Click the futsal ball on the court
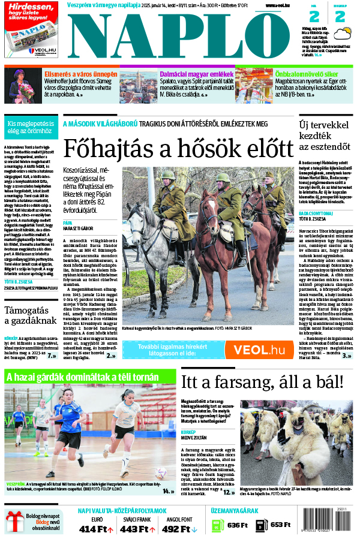pos(161,472)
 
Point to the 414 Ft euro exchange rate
pos(96,528)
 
